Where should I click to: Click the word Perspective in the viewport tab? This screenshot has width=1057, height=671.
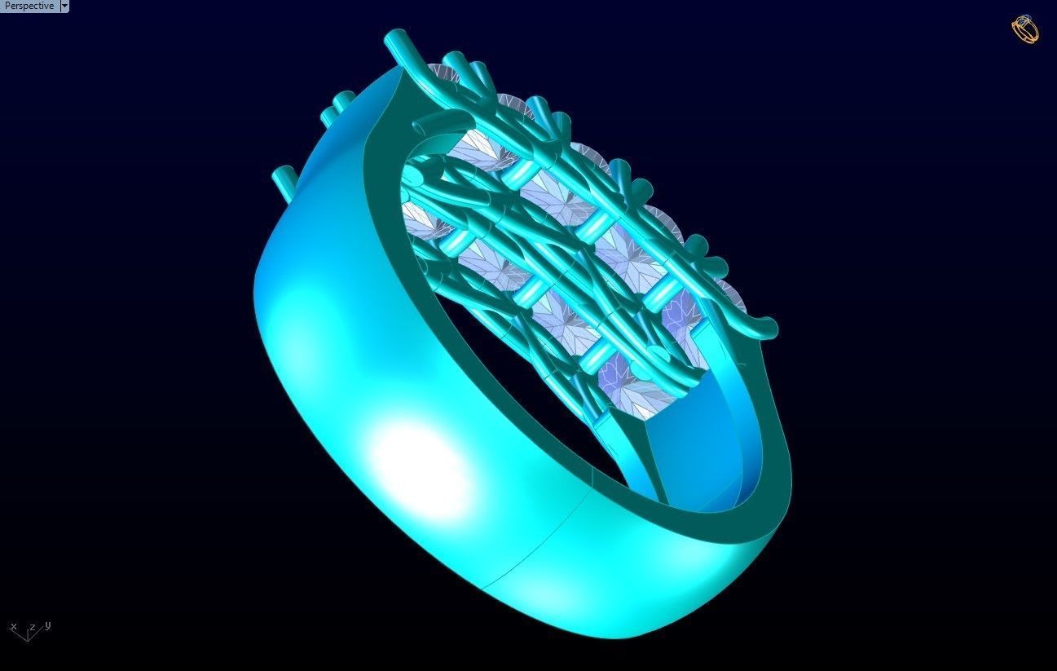[29, 6]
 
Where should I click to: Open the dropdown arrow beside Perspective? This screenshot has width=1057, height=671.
[64, 6]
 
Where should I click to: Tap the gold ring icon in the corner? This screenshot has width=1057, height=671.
[1025, 29]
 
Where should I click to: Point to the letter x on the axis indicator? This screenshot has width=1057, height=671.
[14, 627]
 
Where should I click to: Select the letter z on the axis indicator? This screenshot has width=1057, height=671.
[32, 628]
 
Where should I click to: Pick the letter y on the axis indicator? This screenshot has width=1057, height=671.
[48, 625]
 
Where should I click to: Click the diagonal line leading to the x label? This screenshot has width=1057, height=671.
[20, 633]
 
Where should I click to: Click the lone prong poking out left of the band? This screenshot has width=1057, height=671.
[284, 179]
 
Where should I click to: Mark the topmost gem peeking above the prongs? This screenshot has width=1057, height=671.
[452, 73]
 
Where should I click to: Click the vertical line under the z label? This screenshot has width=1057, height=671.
[29, 635]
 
